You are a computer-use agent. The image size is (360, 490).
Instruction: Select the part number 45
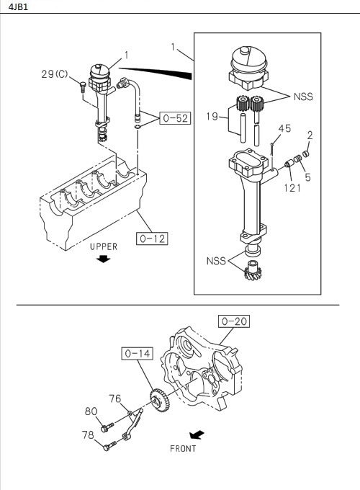[284, 129]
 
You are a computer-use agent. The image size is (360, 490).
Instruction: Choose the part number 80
[91, 411]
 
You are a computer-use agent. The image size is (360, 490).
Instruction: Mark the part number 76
[114, 398]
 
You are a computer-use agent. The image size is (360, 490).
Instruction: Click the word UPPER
[103, 246]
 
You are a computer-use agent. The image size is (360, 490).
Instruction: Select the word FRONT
[184, 448]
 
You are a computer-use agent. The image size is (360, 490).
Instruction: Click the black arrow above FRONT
[194, 435]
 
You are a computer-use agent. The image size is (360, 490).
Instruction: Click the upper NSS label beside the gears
[303, 96]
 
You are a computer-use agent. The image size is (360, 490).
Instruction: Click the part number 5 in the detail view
[307, 174]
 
